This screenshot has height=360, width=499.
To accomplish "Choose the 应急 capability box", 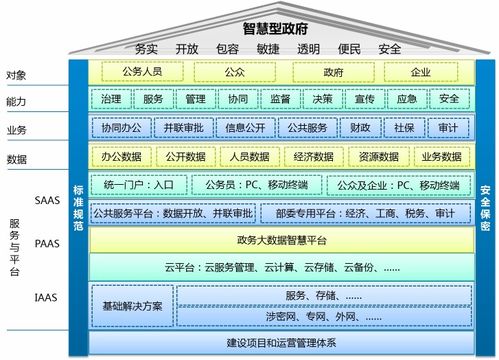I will tap(407, 99).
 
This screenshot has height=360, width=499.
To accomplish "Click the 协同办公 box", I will tap(121, 128).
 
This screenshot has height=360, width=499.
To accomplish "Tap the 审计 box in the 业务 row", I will tap(447, 128).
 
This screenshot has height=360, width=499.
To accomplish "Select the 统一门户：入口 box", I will tap(138, 185).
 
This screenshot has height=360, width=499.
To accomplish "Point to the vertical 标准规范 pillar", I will tap(79, 210).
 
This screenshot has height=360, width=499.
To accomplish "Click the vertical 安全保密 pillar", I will tap(484, 210).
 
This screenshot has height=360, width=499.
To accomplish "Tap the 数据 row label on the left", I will tap(16, 158).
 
